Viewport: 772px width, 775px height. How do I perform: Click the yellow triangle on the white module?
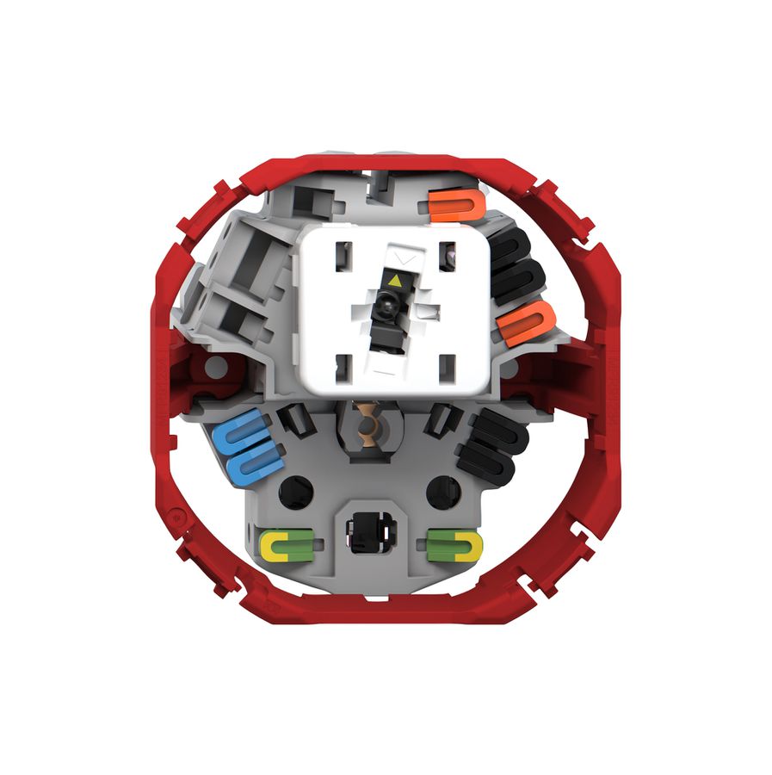pos(394,280)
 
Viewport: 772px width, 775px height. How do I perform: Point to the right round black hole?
pos(445,491)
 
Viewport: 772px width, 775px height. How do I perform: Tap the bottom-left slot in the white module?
pos(342,366)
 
